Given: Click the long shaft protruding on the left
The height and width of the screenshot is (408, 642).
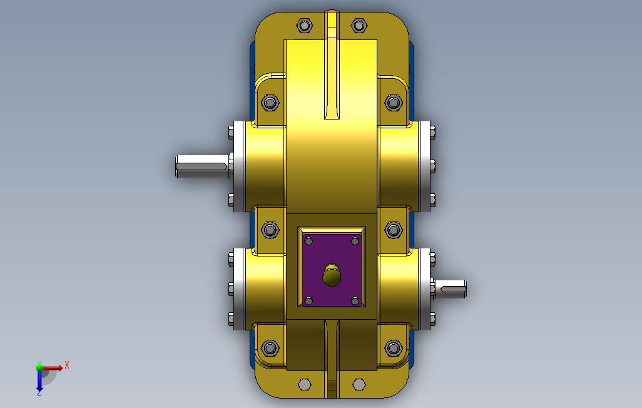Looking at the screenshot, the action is (x=202, y=166).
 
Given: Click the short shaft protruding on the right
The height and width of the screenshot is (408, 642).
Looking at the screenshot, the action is (x=450, y=288).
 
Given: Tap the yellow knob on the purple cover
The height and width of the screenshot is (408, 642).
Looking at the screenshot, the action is (x=332, y=275).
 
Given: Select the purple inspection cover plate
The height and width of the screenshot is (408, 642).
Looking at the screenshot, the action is (x=332, y=268).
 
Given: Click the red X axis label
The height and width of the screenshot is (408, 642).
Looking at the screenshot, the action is (x=67, y=365).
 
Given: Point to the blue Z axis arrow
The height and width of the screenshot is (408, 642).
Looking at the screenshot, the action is (x=39, y=380).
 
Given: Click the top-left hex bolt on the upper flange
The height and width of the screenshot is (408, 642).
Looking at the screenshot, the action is (x=304, y=26).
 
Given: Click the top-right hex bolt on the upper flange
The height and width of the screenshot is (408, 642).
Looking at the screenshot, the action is (x=359, y=26).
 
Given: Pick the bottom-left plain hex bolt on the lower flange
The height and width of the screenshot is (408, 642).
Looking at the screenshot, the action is (x=305, y=385).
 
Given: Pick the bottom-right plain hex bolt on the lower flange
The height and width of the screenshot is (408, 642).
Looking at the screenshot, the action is (x=359, y=385).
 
